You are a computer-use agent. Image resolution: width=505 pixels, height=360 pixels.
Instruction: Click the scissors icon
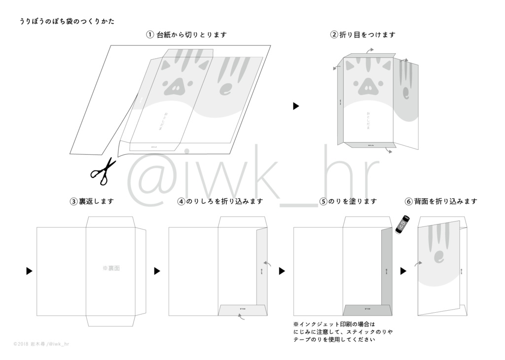tap(103, 171)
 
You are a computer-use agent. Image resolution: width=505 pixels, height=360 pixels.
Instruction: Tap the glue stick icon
tap(403, 223)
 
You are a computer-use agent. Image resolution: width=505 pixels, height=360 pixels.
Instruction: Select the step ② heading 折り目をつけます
tap(363, 35)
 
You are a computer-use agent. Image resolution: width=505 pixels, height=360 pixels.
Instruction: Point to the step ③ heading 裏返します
tap(92, 201)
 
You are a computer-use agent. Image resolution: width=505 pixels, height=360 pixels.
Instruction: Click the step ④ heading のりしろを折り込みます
tap(220, 201)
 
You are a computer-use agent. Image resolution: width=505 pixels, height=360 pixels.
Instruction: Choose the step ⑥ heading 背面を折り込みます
tap(441, 201)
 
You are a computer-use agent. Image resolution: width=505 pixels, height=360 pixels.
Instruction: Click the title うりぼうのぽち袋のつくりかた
tap(67, 22)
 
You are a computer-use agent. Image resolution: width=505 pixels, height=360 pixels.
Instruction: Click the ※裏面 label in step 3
tap(111, 268)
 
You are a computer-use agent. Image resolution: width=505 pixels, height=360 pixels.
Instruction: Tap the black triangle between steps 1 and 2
tap(296, 106)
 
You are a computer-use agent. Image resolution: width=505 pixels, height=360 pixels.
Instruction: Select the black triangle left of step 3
tap(30, 271)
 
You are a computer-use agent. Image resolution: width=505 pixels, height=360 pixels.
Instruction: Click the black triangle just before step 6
tap(403, 271)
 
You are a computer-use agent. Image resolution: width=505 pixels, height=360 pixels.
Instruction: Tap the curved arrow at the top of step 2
tap(369, 50)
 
